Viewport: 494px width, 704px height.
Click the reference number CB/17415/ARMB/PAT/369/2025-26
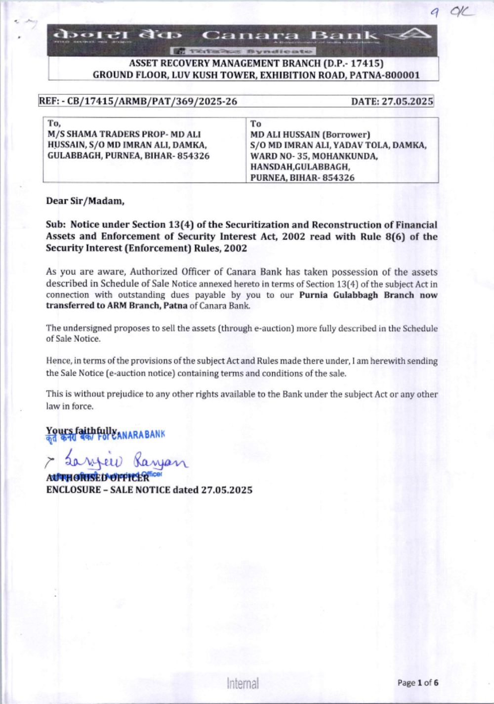(x=152, y=101)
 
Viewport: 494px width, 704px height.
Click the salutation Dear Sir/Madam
(x=85, y=201)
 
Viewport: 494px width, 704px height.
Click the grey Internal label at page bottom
(x=243, y=683)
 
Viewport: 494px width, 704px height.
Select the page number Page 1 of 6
(x=417, y=683)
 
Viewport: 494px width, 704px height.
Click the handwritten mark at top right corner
(x=452, y=13)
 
